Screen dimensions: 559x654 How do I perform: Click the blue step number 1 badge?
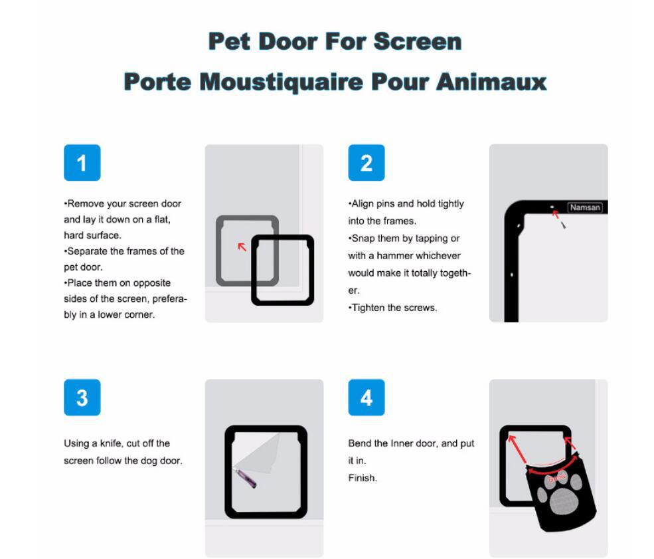(x=82, y=163)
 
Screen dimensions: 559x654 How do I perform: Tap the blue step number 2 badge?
(x=366, y=163)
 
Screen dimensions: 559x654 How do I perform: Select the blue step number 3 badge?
(x=82, y=397)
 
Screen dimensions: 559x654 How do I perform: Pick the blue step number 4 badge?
(x=366, y=397)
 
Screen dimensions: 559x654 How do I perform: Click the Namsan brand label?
(x=584, y=207)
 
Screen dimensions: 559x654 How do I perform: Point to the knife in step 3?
(x=245, y=478)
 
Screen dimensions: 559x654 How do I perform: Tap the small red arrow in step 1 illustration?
(x=242, y=247)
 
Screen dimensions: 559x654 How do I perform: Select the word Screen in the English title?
(x=417, y=41)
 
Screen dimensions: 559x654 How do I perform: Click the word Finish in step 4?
(x=362, y=478)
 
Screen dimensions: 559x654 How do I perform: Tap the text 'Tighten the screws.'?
(x=393, y=308)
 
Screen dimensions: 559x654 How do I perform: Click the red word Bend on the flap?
(x=556, y=478)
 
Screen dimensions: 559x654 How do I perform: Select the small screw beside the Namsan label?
(x=564, y=225)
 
